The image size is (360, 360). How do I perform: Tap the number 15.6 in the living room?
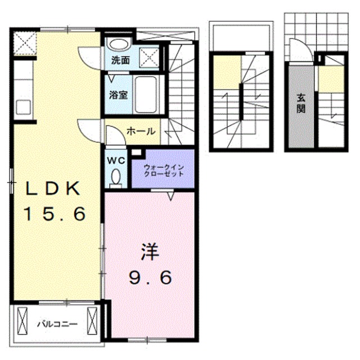pyautogui.click(x=54, y=213)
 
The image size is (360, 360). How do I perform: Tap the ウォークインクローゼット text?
pyautogui.click(x=164, y=170)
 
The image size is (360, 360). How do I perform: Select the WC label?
pyautogui.click(x=115, y=160)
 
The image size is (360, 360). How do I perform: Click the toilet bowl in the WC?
pyautogui.click(x=116, y=177)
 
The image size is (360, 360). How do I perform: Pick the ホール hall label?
pyautogui.click(x=141, y=132)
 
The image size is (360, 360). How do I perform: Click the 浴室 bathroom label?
pyautogui.click(x=118, y=94)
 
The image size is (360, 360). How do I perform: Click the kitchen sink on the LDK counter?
pyautogui.click(x=24, y=106)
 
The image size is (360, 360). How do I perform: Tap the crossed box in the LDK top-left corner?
pyautogui.click(x=24, y=42)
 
